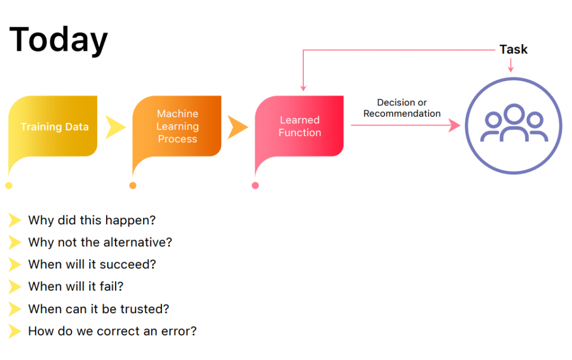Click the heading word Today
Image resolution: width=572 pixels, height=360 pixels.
(x=58, y=40)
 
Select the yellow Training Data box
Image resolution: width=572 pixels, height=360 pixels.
(x=53, y=127)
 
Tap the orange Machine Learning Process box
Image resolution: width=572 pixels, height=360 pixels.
(x=177, y=127)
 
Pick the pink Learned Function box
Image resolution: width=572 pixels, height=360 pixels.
(x=299, y=127)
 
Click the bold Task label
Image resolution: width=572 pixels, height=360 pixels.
(x=513, y=49)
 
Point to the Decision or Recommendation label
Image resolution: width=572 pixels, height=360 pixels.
(x=402, y=108)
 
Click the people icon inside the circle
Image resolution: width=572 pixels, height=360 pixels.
(x=514, y=123)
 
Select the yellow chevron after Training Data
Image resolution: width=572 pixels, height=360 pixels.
(x=115, y=127)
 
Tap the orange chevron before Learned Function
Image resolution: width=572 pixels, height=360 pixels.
(x=237, y=127)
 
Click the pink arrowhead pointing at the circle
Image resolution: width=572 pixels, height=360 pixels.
(x=455, y=126)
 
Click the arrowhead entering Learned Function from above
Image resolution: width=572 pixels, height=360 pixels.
(x=303, y=88)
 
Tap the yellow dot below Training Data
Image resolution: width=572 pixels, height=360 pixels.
(x=9, y=185)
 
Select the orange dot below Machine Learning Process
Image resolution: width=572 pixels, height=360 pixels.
(x=133, y=185)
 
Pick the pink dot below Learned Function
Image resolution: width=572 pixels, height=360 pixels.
(x=255, y=185)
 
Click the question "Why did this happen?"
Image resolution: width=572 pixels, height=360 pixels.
(x=92, y=220)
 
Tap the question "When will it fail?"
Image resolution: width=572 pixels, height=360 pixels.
(x=76, y=287)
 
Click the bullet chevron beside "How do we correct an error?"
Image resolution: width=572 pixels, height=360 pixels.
(x=15, y=331)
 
